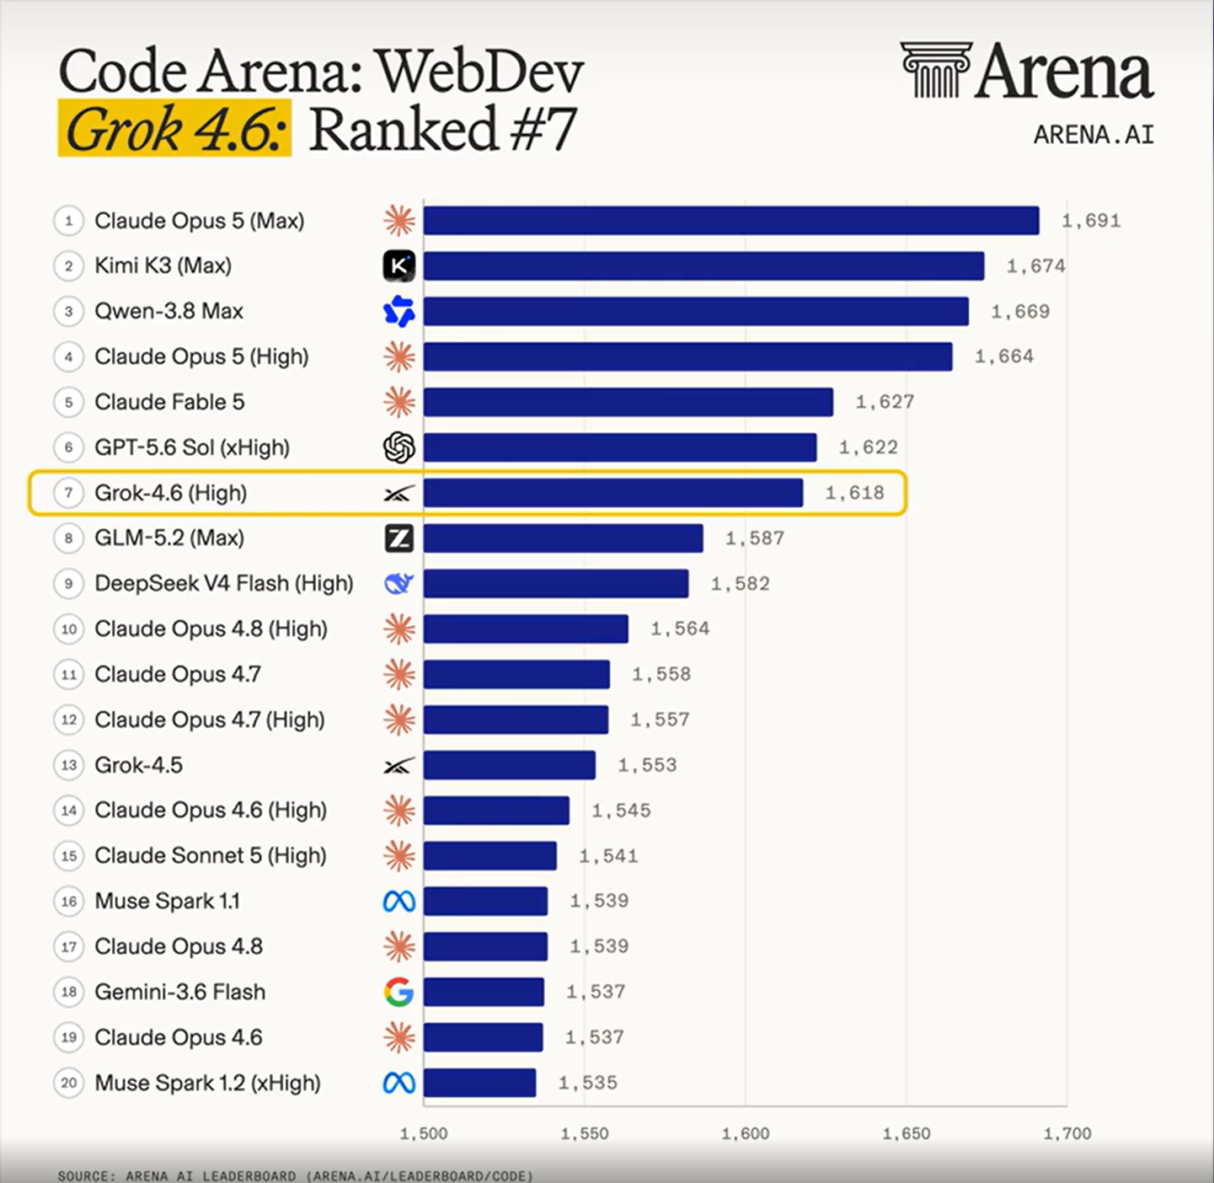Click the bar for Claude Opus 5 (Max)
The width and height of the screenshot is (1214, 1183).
click(x=731, y=221)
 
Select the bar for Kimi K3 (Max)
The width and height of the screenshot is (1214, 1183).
click(x=703, y=265)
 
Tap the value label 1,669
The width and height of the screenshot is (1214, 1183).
click(x=1020, y=312)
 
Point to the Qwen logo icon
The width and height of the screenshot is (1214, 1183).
click(x=399, y=312)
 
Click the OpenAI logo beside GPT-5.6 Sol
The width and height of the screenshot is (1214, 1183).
click(x=399, y=447)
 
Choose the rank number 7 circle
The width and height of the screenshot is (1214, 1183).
click(x=68, y=493)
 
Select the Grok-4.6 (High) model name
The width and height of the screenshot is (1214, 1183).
click(x=171, y=493)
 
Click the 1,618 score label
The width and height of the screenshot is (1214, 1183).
click(x=854, y=493)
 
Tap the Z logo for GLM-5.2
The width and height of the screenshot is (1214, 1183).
click(x=399, y=538)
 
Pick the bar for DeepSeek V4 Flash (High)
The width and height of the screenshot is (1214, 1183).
click(x=556, y=583)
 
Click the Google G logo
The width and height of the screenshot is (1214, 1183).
click(x=399, y=992)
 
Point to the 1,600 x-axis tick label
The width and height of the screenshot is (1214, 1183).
click(x=746, y=1133)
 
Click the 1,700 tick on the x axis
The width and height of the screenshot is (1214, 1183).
click(x=1067, y=1133)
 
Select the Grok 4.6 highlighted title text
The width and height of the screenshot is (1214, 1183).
click(x=174, y=129)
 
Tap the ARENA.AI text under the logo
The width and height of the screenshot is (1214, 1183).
click(x=1094, y=135)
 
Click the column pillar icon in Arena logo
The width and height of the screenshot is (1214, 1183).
click(x=936, y=70)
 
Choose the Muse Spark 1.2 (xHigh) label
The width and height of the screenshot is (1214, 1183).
click(x=208, y=1083)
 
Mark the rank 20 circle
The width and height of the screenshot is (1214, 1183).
click(x=68, y=1083)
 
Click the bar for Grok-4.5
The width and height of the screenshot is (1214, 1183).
click(x=509, y=765)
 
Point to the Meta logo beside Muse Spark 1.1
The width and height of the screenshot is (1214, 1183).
click(x=399, y=901)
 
